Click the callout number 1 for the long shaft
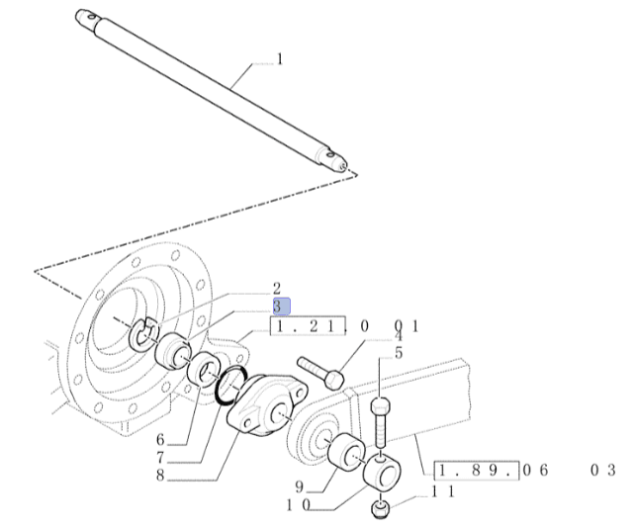(x=280, y=59)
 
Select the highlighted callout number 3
(x=277, y=307)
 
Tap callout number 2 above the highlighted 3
(x=277, y=289)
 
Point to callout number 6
(x=160, y=440)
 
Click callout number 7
(x=160, y=458)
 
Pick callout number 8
(x=160, y=475)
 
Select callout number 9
(x=300, y=486)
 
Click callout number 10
(x=299, y=505)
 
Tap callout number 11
(x=443, y=491)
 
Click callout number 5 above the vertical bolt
(x=399, y=353)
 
